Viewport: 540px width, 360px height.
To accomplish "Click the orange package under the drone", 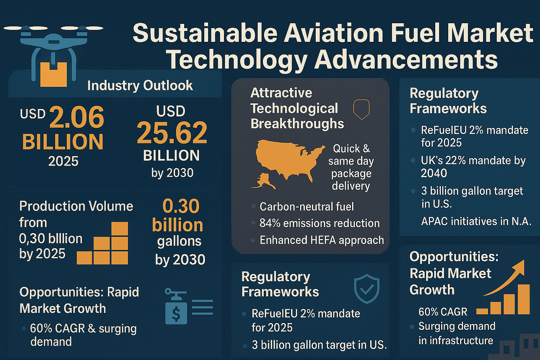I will click(x=53, y=75).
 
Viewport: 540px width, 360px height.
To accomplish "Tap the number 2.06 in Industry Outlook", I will click(x=77, y=118).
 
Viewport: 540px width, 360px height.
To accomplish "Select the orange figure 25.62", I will click(x=172, y=133).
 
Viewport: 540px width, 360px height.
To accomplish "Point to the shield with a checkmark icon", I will click(x=366, y=289).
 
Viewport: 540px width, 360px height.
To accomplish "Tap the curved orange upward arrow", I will click(x=506, y=278).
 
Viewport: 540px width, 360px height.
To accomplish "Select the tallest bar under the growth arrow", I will click(x=523, y=299).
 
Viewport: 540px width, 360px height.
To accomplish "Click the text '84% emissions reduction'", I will click(x=319, y=223).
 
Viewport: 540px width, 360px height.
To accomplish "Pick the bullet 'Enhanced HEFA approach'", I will click(x=321, y=240).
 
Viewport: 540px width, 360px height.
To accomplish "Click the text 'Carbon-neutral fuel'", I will click(x=307, y=207).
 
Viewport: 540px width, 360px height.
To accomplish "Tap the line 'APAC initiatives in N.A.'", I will click(x=476, y=221).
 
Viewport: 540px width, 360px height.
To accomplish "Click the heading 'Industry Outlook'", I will click(x=140, y=85).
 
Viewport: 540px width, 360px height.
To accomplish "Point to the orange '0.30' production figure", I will click(x=181, y=206).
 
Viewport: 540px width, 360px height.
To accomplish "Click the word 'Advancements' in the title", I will click(x=406, y=60).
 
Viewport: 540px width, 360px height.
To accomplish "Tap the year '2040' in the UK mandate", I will click(x=434, y=173).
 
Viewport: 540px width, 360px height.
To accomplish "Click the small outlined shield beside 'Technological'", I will click(x=361, y=109).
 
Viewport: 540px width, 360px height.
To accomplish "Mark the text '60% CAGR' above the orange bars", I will click(x=443, y=312).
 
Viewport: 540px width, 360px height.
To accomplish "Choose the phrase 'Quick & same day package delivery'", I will click(x=351, y=167).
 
